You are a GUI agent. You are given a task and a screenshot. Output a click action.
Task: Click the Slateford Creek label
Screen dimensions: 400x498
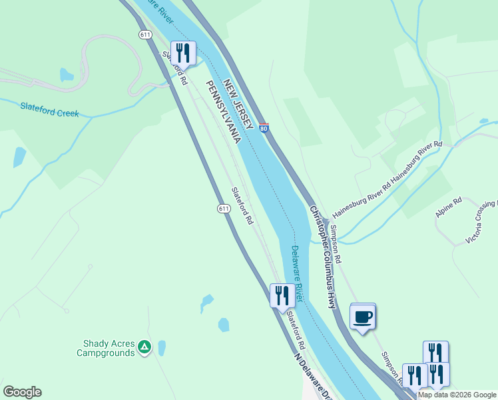49,109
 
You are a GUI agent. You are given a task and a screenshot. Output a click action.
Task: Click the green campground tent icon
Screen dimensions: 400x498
144,347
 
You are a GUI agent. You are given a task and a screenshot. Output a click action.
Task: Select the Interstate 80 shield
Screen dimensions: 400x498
264,127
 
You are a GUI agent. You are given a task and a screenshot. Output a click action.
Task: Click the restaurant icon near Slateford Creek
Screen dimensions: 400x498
182,53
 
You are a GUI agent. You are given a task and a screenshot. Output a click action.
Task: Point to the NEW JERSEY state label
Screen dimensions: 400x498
238,106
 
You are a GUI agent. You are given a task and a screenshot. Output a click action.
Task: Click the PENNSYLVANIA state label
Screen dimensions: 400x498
222,112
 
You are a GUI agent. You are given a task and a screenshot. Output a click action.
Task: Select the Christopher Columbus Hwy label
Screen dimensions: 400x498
323,257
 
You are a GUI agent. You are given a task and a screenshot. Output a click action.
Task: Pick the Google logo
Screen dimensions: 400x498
22,392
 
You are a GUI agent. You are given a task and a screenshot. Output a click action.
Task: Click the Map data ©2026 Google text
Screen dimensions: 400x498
457,395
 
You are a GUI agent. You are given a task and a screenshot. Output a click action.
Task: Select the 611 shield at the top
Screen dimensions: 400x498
145,34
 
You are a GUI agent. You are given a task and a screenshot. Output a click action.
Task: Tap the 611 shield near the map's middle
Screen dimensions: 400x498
224,209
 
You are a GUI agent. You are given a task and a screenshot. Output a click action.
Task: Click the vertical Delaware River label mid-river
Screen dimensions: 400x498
296,273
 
